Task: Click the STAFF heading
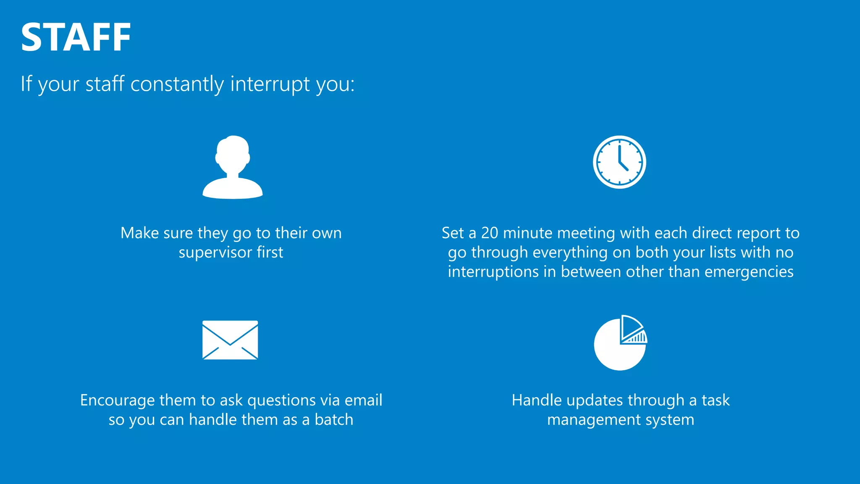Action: [x=76, y=38]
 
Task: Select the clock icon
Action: [x=619, y=162]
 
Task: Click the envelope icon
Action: [x=230, y=340]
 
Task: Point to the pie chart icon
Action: [x=620, y=344]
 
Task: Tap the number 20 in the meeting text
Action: [x=489, y=233]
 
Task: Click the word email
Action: [x=363, y=400]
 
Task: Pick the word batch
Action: [x=334, y=420]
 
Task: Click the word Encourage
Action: [x=113, y=400]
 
